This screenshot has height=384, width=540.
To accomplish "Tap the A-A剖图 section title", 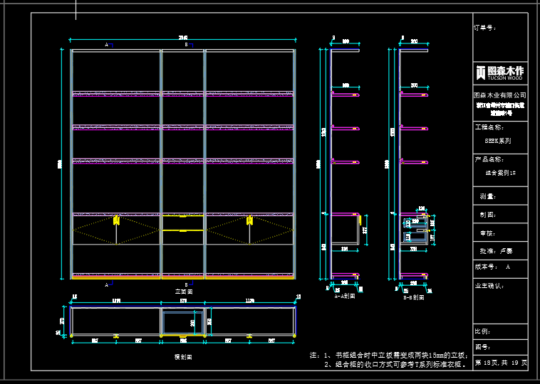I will pyautogui.click(x=345, y=297).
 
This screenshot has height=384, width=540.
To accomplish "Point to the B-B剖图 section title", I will pyautogui.click(x=413, y=297).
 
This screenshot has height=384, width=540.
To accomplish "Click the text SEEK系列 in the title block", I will pyautogui.click(x=498, y=141).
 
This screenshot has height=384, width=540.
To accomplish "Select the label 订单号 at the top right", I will pyautogui.click(x=485, y=28).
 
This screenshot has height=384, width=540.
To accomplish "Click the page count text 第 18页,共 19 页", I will pyautogui.click(x=501, y=363).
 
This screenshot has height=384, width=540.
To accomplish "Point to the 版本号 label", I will pyautogui.click(x=487, y=267).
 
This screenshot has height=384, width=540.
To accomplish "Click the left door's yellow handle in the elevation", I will pyautogui.click(x=116, y=220).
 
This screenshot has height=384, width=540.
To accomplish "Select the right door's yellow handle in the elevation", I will pyautogui.click(x=249, y=220).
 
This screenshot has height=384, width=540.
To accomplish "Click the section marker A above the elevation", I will pyautogui.click(x=107, y=44).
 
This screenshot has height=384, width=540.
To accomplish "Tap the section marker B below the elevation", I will pyautogui.click(x=187, y=284).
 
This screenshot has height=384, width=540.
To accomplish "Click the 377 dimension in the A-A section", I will pyautogui.click(x=365, y=230).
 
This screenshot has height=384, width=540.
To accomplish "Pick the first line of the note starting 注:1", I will pyautogui.click(x=388, y=354).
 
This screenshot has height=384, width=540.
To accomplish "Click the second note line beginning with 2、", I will pyautogui.click(x=395, y=364).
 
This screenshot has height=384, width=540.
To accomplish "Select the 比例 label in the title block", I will pyautogui.click(x=482, y=331).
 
